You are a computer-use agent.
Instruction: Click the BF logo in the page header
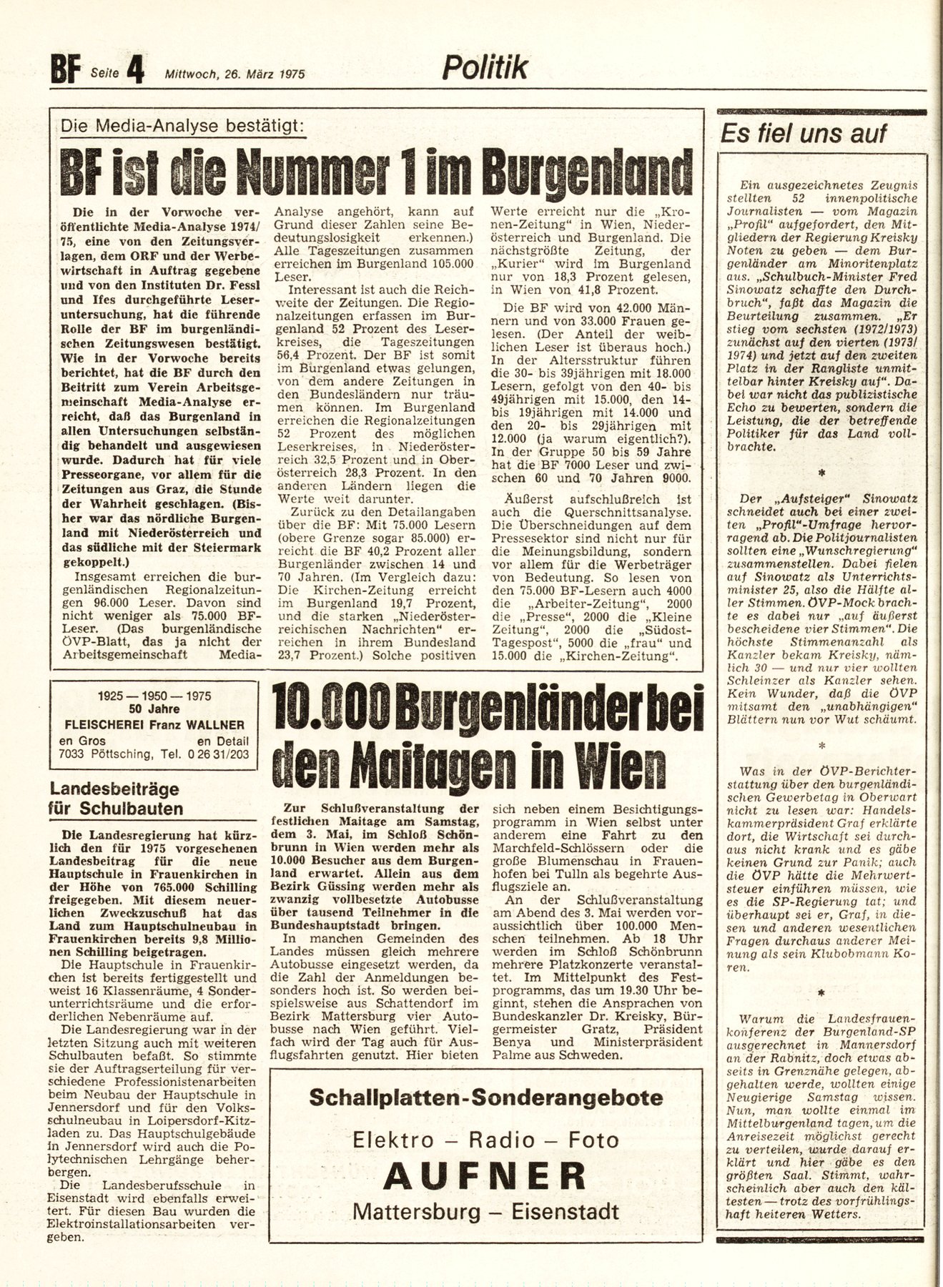pyautogui.click(x=64, y=71)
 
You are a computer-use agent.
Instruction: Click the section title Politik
pyautogui.click(x=485, y=67)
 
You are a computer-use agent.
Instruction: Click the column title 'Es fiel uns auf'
pyautogui.click(x=803, y=133)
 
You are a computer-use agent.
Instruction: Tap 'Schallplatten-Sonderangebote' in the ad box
pyautogui.click(x=485, y=1098)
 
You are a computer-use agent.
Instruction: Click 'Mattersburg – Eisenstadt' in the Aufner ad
pyautogui.click(x=485, y=1211)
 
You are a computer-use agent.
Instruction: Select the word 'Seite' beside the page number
pyautogui.click(x=105, y=74)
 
